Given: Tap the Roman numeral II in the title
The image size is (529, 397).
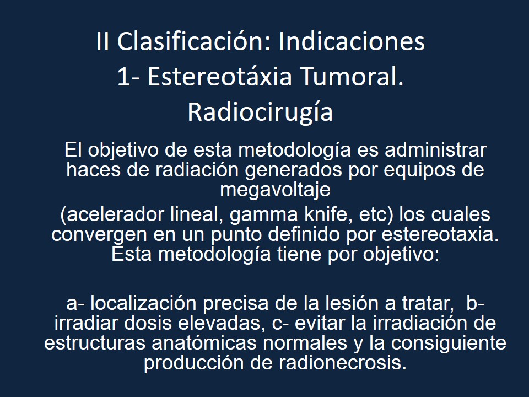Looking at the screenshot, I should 102,42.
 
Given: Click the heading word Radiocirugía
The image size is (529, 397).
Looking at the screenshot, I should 260,112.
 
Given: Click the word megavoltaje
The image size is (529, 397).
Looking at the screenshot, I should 275,189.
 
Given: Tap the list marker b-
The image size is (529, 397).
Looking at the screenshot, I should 476,304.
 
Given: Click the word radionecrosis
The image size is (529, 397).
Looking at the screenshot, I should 339,363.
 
